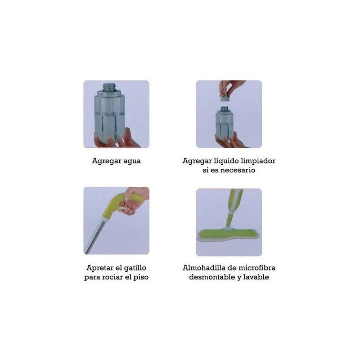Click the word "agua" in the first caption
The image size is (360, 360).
pyautogui.click(x=132, y=161)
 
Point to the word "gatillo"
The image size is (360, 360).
pyautogui.click(x=135, y=268)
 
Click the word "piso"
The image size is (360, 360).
pyautogui.click(x=141, y=277)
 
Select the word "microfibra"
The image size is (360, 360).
pyautogui.click(x=257, y=268)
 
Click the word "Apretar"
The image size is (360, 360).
pyautogui.click(x=100, y=268)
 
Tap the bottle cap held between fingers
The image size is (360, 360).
pyautogui.click(x=225, y=99)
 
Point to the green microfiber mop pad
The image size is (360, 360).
pyautogui.click(x=228, y=234)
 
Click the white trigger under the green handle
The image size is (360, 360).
pyautogui.click(x=121, y=209)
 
